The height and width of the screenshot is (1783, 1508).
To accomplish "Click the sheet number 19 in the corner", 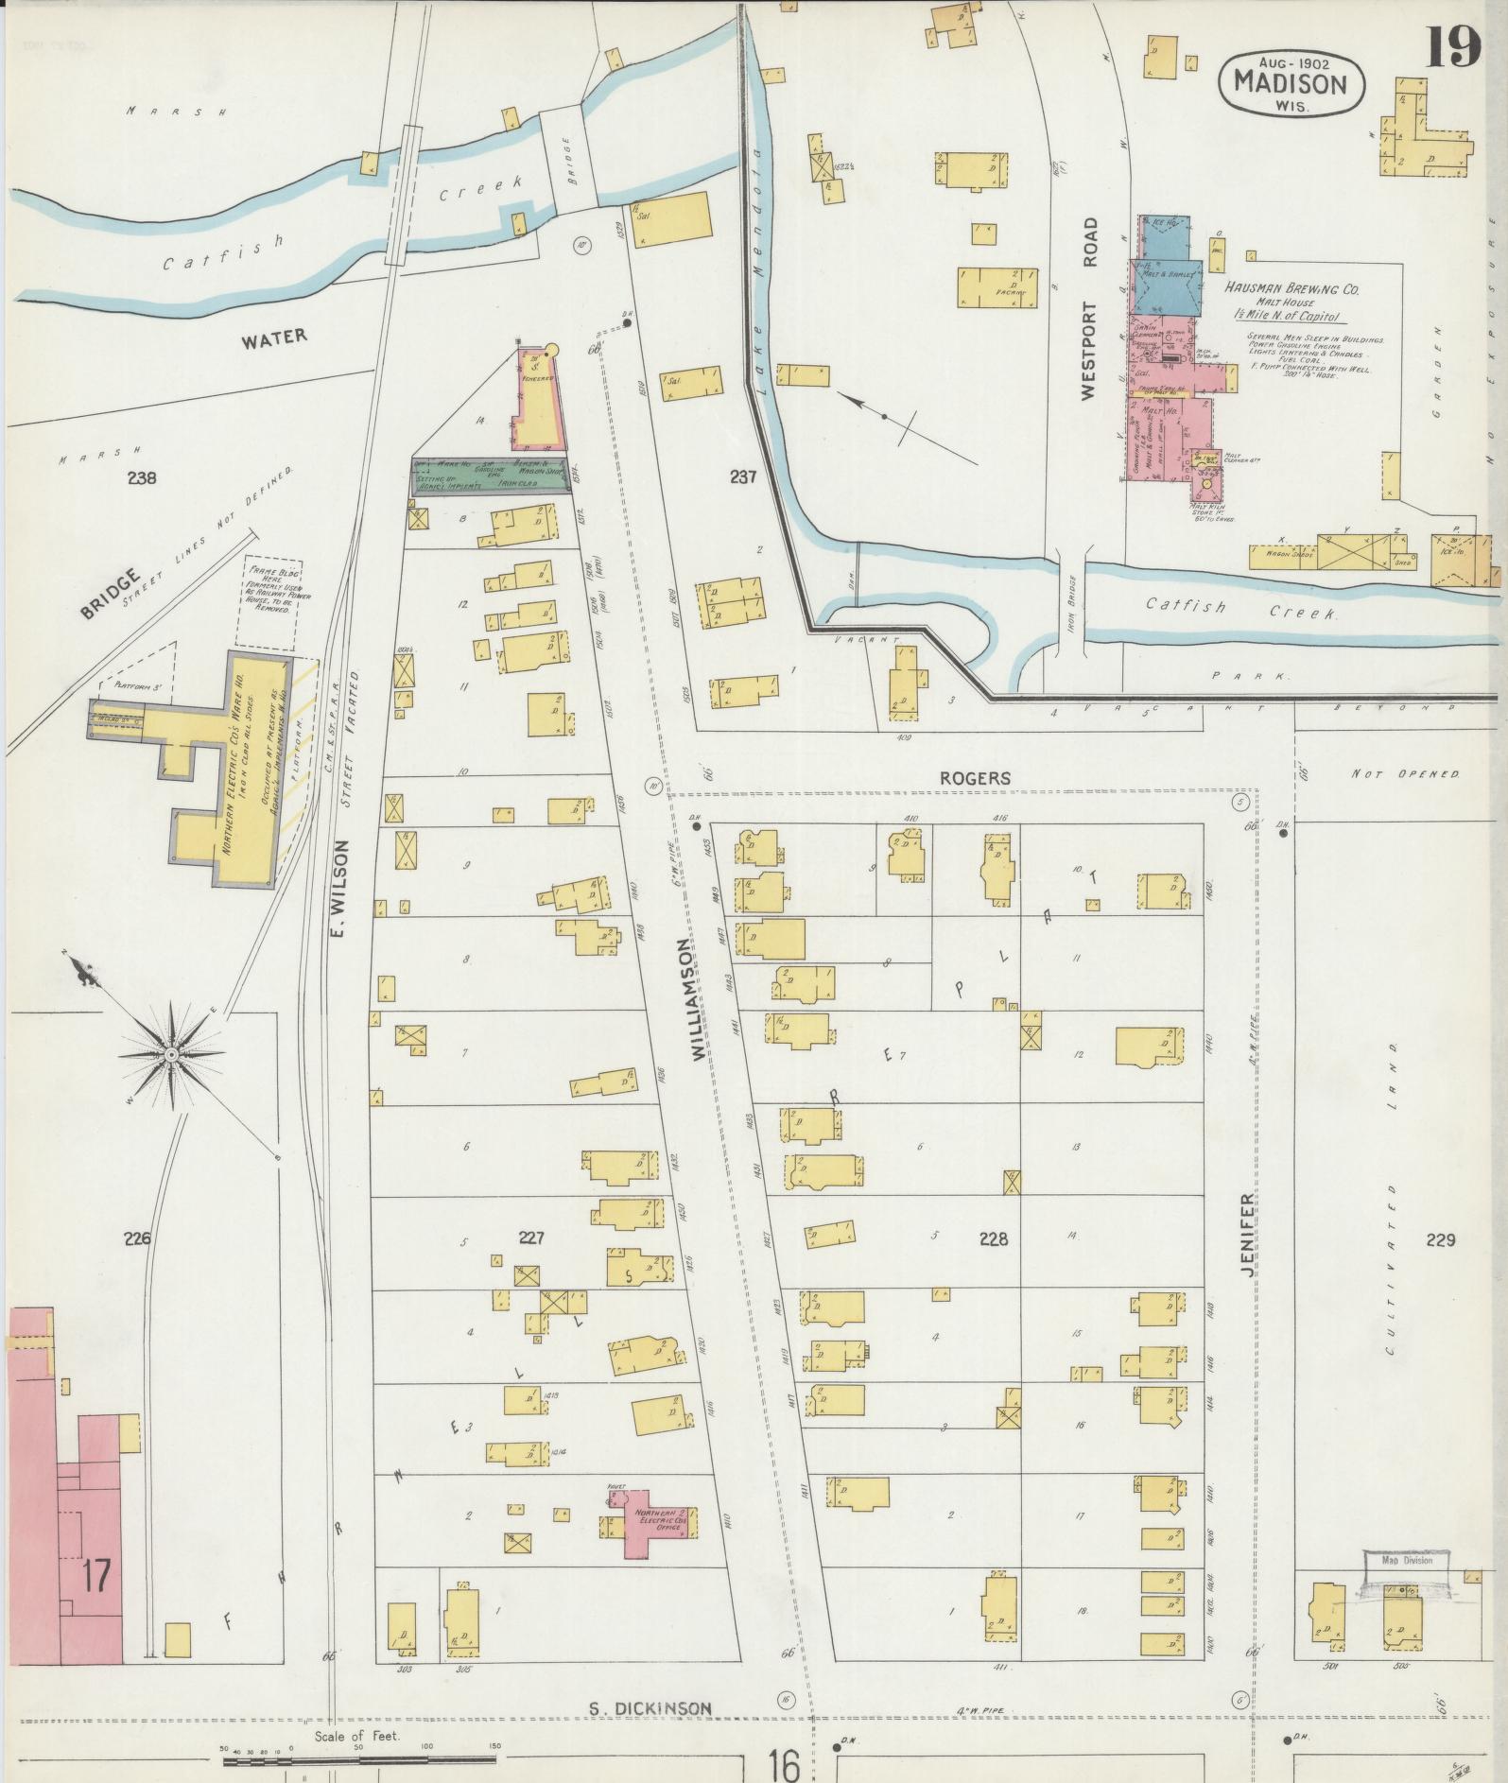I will [1453, 45].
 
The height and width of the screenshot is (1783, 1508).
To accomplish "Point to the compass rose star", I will [172, 1053].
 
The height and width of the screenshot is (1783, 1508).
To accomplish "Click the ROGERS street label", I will [975, 778].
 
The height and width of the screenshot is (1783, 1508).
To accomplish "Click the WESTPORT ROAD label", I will [1092, 309].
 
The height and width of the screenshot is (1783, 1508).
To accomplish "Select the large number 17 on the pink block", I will [95, 1577].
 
